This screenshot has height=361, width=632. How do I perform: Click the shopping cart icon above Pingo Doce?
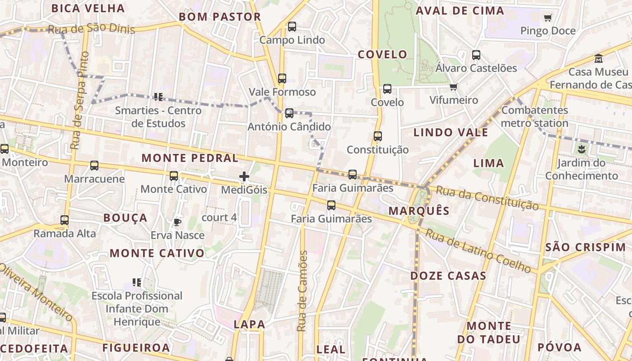pyautogui.click(x=548, y=18)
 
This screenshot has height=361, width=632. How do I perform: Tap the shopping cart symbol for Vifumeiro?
pyautogui.click(x=454, y=87)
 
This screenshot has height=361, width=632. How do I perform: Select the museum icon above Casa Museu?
pyautogui.click(x=599, y=59)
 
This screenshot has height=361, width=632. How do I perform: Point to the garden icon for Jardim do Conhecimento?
pyautogui.click(x=581, y=149)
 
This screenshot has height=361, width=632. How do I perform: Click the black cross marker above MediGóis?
pyautogui.click(x=244, y=176)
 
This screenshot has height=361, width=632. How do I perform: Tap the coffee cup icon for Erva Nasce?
pyautogui.click(x=177, y=222)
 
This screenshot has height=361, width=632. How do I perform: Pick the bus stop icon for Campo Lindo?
pyautogui.click(x=292, y=27)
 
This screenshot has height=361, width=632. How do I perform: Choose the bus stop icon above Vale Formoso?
pyautogui.click(x=282, y=79)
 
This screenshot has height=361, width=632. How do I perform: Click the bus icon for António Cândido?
pyautogui.click(x=289, y=113)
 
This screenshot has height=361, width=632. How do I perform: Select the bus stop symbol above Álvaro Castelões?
pyautogui.click(x=476, y=55)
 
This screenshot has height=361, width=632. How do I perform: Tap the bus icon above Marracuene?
pyautogui.click(x=94, y=166)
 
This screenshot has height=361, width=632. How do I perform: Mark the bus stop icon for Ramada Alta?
pyautogui.click(x=65, y=220)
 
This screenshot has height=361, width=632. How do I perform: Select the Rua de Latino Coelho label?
pyautogui.click(x=478, y=251)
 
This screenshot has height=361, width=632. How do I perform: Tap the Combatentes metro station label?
pyautogui.click(x=534, y=116)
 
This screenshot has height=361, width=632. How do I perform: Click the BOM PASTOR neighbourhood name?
pyautogui.click(x=220, y=17)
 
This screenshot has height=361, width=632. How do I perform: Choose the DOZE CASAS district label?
pyautogui.click(x=448, y=276)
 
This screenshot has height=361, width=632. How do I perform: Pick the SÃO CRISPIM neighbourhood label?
pyautogui.click(x=586, y=247)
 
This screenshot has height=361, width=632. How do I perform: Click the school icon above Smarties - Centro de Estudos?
pyautogui.click(x=158, y=97)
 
